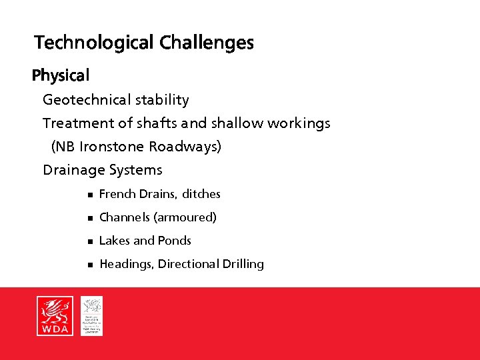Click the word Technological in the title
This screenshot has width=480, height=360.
click(x=95, y=43)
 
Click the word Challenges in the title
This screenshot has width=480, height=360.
click(x=207, y=43)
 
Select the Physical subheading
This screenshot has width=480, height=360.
click(x=61, y=76)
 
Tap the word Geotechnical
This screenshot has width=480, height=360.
click(x=87, y=100)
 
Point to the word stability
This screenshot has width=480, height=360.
click(x=163, y=100)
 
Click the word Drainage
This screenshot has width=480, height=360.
click(x=70, y=170)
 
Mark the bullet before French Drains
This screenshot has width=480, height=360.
click(x=88, y=195)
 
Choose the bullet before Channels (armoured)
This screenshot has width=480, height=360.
click(x=88, y=218)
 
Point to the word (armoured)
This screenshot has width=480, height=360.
click(x=185, y=217)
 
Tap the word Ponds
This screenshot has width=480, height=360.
click(x=174, y=241)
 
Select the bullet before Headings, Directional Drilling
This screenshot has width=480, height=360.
click(x=88, y=265)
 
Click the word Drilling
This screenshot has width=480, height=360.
click(x=243, y=264)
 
